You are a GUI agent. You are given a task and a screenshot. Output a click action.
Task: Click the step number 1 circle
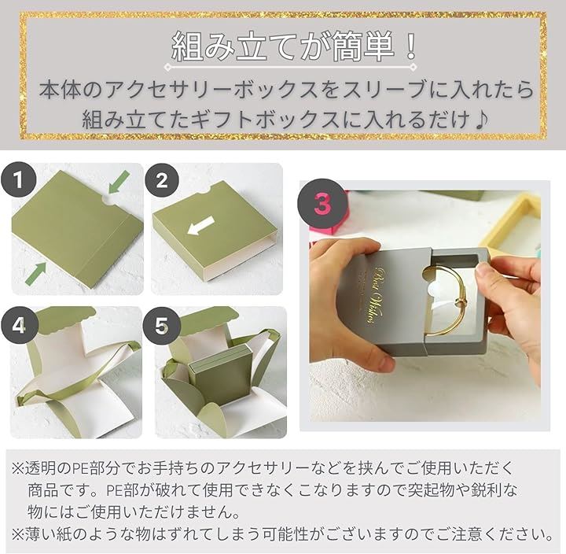click(x=18, y=179)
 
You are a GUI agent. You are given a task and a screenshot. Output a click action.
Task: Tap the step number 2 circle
click(x=162, y=179)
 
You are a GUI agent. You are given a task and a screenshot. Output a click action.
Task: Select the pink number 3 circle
click(x=322, y=204)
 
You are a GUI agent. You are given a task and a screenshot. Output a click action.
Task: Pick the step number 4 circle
click(x=19, y=325)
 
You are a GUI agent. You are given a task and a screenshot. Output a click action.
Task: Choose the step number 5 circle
click(x=161, y=325)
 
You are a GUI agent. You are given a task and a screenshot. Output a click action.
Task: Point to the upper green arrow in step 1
click(x=119, y=182)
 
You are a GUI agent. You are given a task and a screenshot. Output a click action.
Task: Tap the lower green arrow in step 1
click(x=35, y=273)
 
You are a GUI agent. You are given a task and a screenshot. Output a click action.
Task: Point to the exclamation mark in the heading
click(x=410, y=47)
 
